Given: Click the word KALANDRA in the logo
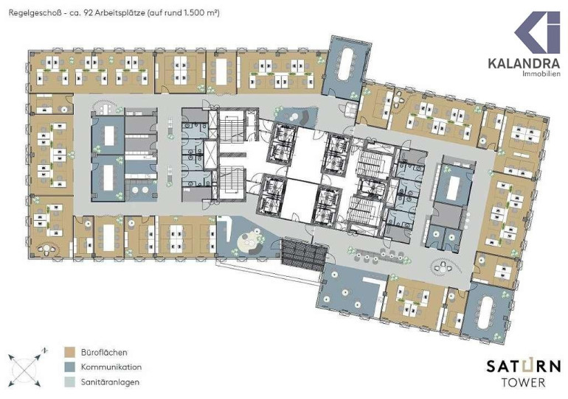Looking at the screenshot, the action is (524, 63).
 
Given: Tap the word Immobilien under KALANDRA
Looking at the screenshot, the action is (541, 74).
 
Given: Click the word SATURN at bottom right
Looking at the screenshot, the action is (524, 367).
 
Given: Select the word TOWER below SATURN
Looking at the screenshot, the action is (524, 382).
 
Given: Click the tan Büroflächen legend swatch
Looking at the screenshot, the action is (69, 352).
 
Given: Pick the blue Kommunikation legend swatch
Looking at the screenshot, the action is (69, 367).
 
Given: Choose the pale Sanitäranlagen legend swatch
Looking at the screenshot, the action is (69, 382).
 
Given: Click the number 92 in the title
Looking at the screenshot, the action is (88, 13).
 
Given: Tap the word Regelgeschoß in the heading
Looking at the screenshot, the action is (31, 13).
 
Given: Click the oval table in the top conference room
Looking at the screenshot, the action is (347, 64).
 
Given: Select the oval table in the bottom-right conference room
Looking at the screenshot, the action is (486, 312).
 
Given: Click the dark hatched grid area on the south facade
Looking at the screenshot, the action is (302, 255).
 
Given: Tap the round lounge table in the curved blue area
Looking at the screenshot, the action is (248, 241).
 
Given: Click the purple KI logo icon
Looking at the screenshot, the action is (538, 32).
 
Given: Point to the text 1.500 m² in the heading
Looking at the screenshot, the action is (203, 13).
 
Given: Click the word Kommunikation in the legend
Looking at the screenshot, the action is (111, 367).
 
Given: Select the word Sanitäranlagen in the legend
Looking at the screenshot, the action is (110, 382).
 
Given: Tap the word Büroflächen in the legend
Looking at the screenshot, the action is (104, 352).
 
